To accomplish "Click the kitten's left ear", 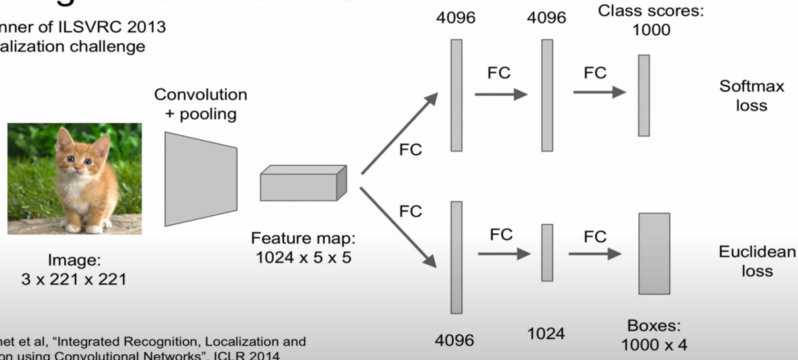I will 64,139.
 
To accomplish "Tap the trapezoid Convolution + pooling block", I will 200,179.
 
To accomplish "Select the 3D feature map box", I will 303,183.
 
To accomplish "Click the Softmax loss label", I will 751,96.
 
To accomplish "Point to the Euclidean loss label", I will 757,261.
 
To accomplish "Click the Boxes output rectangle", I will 654,253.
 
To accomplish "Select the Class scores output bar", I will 644,95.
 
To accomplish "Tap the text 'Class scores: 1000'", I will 650,20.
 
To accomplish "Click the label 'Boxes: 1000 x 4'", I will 654,335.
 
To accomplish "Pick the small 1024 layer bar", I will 547,252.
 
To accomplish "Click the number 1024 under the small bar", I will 546,333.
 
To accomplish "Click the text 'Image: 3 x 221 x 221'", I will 74,270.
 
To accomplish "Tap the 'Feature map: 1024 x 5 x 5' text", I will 303,248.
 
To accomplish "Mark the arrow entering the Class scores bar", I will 599,92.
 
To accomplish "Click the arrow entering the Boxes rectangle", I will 595,254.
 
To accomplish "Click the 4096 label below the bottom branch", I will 454,340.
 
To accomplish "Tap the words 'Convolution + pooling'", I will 200,104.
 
